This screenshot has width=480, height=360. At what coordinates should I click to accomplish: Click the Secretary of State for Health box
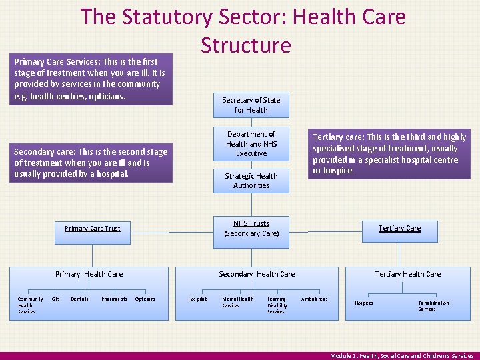(x=251, y=105)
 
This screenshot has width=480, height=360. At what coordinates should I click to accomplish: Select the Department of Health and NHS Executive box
(x=251, y=143)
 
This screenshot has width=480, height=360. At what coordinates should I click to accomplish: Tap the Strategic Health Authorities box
(x=251, y=181)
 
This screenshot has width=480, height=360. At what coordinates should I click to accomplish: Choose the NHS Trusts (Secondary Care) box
(x=251, y=228)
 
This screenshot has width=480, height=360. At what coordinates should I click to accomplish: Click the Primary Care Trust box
(x=93, y=229)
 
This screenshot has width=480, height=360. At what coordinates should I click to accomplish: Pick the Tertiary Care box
(x=399, y=228)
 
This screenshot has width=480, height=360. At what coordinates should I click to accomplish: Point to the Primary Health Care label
(x=89, y=274)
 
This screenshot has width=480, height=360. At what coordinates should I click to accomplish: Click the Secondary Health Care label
(x=257, y=274)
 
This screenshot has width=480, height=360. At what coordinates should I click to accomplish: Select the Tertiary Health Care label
(x=407, y=274)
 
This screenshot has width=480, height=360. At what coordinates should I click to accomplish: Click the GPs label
(x=56, y=299)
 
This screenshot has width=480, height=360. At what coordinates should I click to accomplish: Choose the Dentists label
(x=79, y=299)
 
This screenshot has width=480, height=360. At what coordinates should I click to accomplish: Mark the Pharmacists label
(x=114, y=299)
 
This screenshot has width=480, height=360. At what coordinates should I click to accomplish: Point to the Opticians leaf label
(x=145, y=299)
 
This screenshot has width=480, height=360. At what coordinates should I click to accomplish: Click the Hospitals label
(x=197, y=299)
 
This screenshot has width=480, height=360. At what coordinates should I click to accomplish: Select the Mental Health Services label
(x=237, y=302)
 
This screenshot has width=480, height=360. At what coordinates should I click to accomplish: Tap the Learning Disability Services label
(x=276, y=305)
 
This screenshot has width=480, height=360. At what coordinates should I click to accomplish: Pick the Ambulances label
(x=314, y=299)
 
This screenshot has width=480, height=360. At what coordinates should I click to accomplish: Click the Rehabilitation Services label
(x=433, y=305)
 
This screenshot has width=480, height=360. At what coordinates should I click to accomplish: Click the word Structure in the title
(x=246, y=45)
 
